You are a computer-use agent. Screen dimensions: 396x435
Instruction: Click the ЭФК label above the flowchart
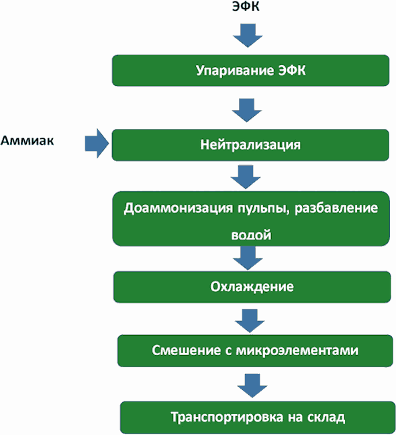(246, 6)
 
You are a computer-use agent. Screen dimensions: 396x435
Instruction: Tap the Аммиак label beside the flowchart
(27, 141)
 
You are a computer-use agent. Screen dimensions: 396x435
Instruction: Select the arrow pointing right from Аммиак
(97, 144)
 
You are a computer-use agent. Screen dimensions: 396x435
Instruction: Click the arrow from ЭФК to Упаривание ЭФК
(248, 36)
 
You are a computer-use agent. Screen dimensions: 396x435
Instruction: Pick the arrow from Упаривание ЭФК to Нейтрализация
(247, 110)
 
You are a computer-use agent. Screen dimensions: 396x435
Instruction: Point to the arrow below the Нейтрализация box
(246, 177)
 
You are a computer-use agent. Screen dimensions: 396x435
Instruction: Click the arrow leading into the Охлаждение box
(248, 258)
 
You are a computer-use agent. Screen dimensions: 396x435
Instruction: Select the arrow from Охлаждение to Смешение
(250, 321)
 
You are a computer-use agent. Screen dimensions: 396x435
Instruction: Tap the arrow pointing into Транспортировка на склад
(252, 385)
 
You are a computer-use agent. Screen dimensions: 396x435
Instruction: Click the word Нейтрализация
(250, 144)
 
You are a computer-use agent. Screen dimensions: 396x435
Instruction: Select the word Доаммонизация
(178, 208)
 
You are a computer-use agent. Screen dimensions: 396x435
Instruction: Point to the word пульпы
(263, 209)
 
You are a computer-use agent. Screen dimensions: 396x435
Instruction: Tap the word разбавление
(336, 208)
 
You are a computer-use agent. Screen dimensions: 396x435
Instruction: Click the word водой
(251, 235)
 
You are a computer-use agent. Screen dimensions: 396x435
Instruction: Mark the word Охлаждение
(252, 287)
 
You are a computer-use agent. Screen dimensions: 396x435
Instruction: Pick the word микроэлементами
(297, 350)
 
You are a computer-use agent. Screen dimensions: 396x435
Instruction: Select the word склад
(326, 418)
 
